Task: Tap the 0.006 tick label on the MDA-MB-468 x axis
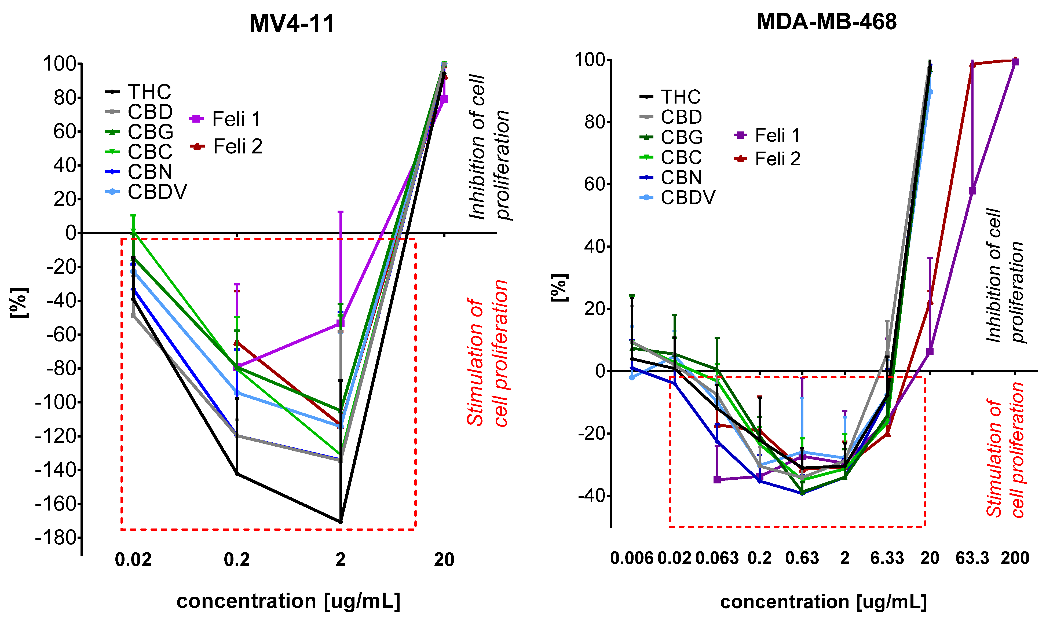pyautogui.click(x=632, y=558)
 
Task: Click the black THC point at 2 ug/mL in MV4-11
pyautogui.click(x=341, y=522)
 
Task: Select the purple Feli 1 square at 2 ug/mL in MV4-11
pyautogui.click(x=341, y=323)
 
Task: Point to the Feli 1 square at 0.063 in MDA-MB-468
pyautogui.click(x=717, y=480)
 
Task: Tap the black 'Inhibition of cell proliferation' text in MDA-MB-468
pyautogui.click(x=1005, y=276)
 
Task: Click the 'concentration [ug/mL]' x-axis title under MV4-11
pyautogui.click(x=288, y=601)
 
